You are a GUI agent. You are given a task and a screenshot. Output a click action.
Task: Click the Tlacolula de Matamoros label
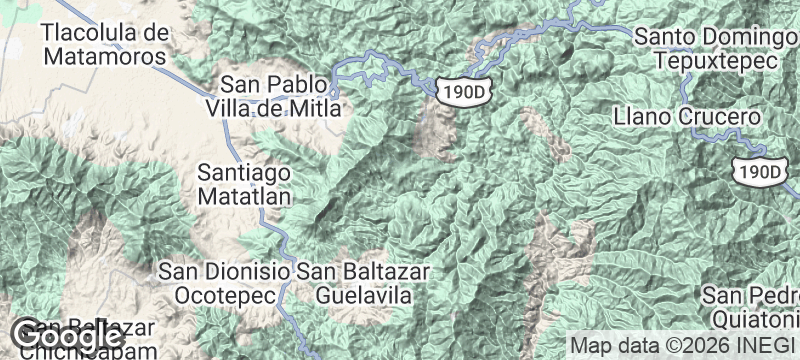click(x=103, y=45)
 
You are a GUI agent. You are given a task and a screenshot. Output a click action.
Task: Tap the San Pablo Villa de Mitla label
click(x=276, y=96)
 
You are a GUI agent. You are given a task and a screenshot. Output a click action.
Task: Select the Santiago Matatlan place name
click(x=244, y=184)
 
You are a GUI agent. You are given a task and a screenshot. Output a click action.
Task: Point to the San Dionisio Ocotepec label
click(x=225, y=283)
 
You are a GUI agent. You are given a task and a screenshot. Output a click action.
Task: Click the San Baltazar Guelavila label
click(x=364, y=283)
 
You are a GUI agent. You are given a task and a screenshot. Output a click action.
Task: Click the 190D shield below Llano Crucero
click(x=757, y=171)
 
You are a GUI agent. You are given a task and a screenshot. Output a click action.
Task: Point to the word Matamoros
click(x=103, y=57)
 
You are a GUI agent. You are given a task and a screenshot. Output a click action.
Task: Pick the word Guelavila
click(x=364, y=295)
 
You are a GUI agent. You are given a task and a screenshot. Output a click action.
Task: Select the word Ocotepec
click(x=225, y=295)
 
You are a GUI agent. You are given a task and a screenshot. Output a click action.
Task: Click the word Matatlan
click(x=244, y=196)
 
